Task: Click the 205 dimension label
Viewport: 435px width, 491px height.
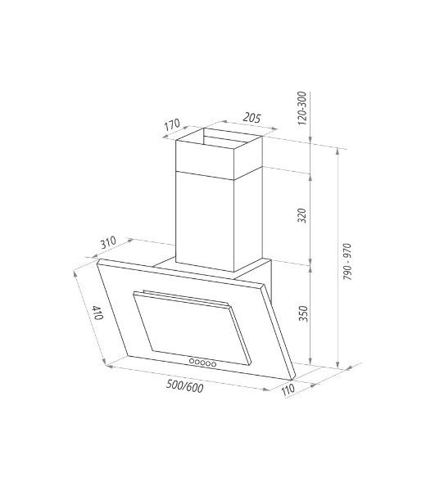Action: (252, 118)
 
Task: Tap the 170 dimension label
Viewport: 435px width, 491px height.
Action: (172, 124)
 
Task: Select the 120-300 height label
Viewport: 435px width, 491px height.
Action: (301, 108)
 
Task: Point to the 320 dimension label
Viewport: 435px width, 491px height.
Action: (301, 215)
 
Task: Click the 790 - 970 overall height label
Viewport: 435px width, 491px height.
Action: (347, 262)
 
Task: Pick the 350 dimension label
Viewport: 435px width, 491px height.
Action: (303, 313)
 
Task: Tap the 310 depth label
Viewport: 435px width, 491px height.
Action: (108, 242)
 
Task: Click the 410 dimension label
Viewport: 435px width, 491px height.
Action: (97, 313)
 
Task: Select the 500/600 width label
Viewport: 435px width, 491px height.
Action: (184, 386)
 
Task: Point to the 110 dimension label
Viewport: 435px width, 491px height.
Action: (288, 390)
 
